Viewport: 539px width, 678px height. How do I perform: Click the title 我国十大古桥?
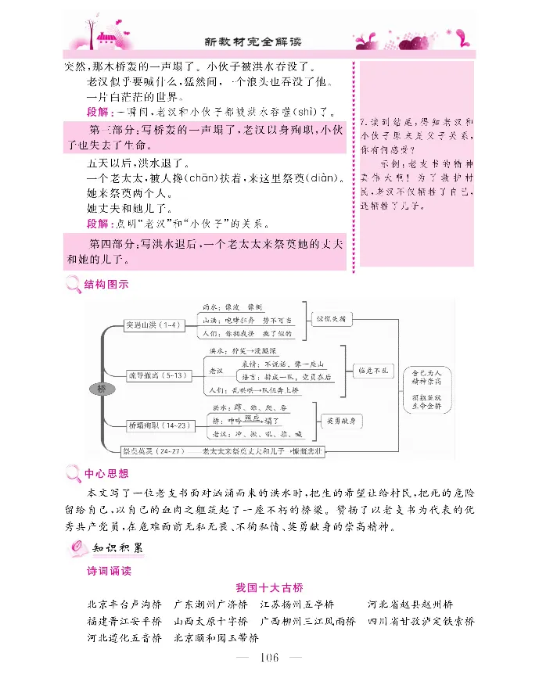(268, 588)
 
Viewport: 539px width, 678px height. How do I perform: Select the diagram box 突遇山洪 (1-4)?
(154, 324)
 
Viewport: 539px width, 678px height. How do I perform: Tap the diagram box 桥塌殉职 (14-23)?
(160, 425)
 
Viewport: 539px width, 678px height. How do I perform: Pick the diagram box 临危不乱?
(373, 370)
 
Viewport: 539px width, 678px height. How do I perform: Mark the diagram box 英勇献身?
(342, 420)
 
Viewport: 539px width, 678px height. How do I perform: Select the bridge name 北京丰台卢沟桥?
(125, 604)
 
